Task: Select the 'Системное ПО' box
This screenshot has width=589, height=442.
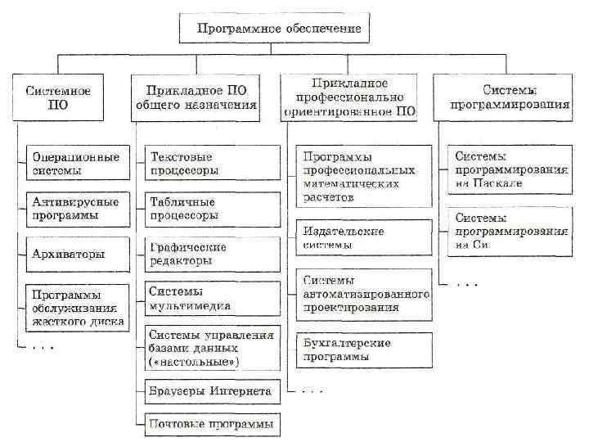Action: (56, 97)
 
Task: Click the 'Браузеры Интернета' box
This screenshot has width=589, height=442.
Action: (210, 391)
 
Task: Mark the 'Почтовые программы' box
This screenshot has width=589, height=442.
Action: (210, 424)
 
